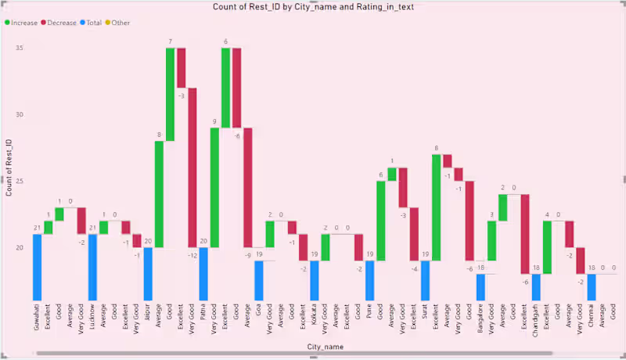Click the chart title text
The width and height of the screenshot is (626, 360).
pos(313,7)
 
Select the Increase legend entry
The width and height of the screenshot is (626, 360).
pos(23,23)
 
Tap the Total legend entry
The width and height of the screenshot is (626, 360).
pos(92,23)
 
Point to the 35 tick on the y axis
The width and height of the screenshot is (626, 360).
pos(19,48)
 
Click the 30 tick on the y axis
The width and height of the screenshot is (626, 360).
pos(19,114)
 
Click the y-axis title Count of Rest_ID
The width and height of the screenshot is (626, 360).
pos(9,167)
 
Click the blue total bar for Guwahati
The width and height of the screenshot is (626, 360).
pos(37,267)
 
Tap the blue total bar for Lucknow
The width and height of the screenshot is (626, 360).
pos(92,267)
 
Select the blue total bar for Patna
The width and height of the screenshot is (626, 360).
pos(203,274)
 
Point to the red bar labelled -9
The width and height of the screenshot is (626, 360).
pos(247,188)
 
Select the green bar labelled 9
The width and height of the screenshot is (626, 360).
pos(214,188)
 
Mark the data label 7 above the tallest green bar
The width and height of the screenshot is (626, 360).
pos(170,41)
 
